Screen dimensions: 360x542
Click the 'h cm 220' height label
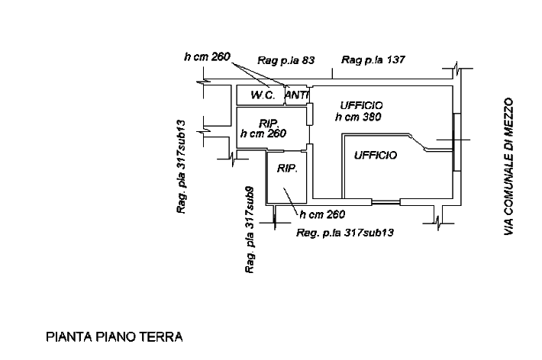207,57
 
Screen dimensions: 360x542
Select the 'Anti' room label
295,96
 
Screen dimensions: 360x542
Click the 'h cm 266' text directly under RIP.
263,133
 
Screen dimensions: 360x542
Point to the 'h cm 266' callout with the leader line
324,214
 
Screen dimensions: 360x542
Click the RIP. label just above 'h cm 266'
268,123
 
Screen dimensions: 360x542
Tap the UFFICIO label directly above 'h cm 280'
361,104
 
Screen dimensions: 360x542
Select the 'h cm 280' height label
359,117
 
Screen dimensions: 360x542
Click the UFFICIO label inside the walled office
376,156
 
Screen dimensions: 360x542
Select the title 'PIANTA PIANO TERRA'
115,336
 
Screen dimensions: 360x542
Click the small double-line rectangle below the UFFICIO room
386,202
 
